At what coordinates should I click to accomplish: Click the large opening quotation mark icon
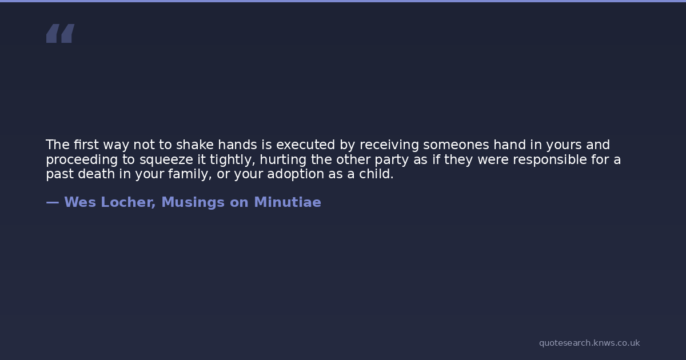click(61, 33)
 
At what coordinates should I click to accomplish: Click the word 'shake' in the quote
click(195, 145)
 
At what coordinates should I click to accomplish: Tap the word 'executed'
click(306, 145)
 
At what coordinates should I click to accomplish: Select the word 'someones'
click(456, 145)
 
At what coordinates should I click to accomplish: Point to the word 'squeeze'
click(166, 160)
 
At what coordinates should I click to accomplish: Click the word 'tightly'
click(233, 160)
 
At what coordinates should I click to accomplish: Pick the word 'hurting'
click(283, 160)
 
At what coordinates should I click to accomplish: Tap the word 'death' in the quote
click(96, 174)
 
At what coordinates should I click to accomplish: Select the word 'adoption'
click(296, 174)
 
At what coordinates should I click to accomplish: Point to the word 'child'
click(376, 174)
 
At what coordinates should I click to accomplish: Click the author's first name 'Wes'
click(80, 202)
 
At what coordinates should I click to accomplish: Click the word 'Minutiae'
click(288, 202)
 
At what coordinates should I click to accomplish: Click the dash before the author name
click(53, 202)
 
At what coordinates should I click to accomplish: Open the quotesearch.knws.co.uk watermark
click(589, 343)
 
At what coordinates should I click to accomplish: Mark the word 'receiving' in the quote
click(389, 145)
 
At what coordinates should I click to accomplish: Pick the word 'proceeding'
click(82, 160)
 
